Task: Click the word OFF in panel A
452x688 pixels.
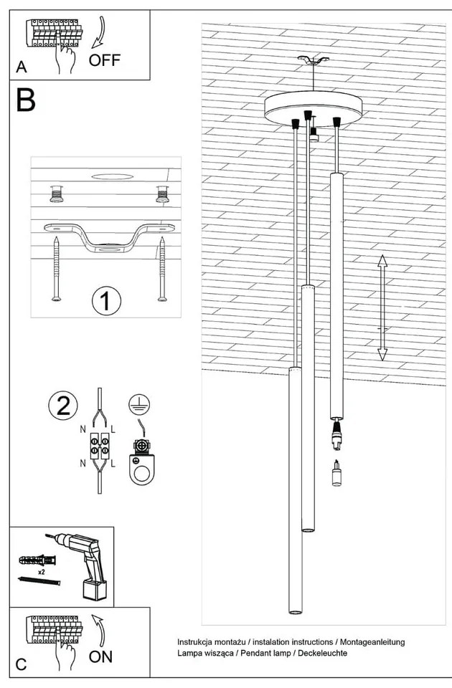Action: point(104,60)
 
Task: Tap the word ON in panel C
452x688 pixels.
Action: point(100,657)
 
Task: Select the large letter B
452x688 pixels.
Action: point(26,100)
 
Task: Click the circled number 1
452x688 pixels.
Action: point(106,301)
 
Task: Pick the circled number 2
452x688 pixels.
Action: point(63,405)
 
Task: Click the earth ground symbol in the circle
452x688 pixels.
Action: point(139,404)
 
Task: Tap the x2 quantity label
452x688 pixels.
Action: point(42,572)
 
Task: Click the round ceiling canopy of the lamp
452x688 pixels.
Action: point(313,108)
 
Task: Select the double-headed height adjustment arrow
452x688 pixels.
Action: point(382,307)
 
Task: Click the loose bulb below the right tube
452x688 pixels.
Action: point(337,472)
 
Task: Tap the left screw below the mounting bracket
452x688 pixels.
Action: point(56,269)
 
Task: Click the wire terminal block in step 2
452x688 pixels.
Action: point(100,446)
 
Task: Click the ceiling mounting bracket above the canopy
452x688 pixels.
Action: point(314,60)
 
